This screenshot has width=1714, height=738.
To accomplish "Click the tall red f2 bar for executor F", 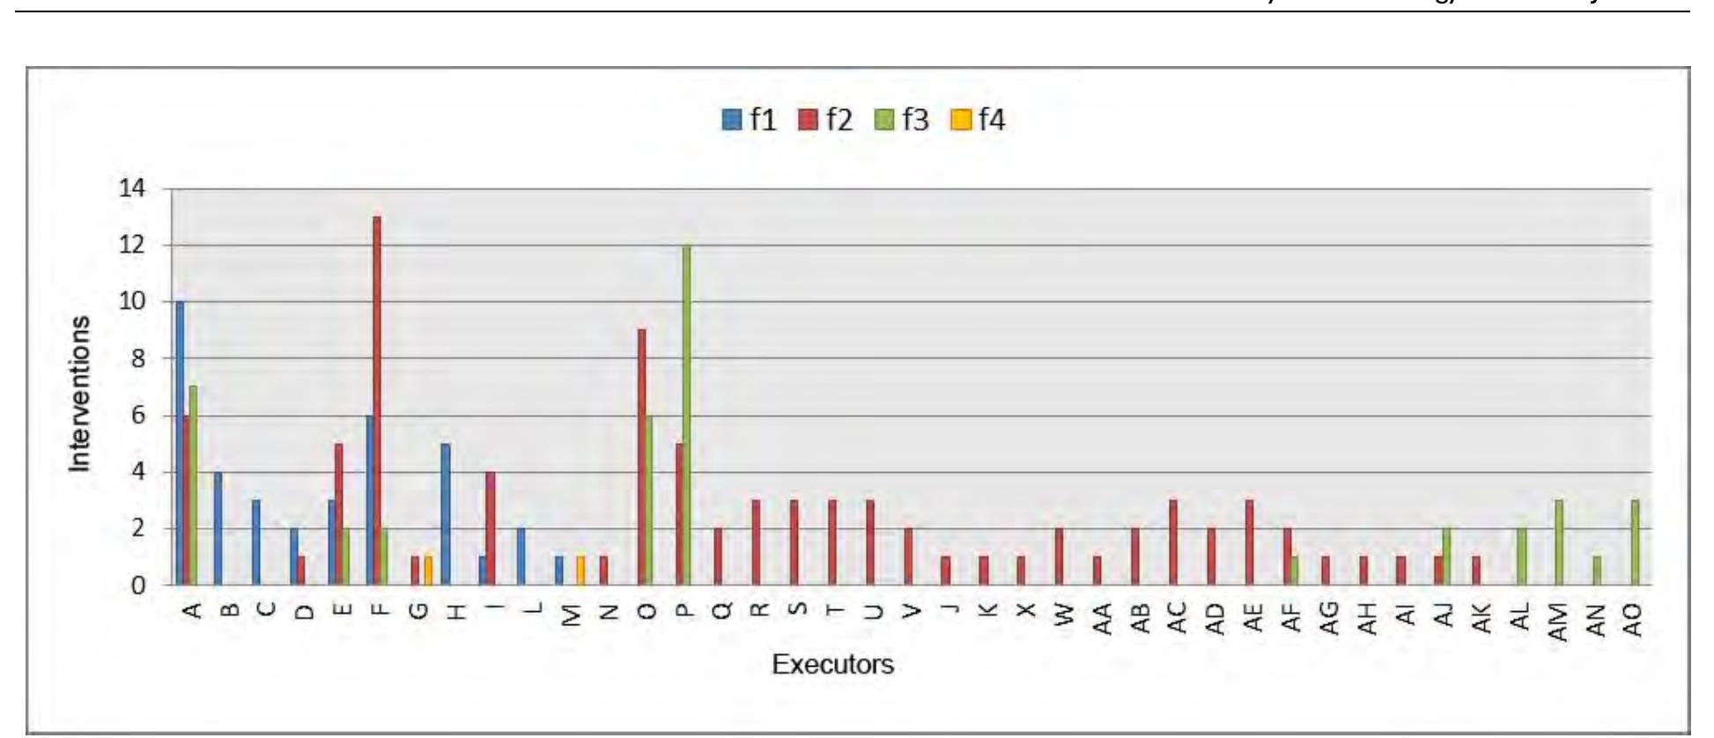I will click(x=377, y=401).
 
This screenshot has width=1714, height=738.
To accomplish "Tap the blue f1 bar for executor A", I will click(x=180, y=443).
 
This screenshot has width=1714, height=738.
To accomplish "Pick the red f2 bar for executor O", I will click(x=642, y=457).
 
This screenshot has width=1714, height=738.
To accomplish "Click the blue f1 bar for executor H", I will click(x=446, y=514).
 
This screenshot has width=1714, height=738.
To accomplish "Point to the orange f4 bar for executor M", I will click(x=580, y=571).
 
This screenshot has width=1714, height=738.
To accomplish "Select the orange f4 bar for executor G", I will click(x=428, y=571).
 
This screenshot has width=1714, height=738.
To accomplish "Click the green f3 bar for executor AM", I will click(x=1559, y=542).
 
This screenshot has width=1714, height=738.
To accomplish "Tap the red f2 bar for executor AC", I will click(x=1172, y=542).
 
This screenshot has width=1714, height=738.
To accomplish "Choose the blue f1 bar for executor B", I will click(x=218, y=528).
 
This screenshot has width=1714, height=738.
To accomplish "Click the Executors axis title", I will click(x=832, y=664).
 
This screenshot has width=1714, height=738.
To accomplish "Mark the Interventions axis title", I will click(x=80, y=394).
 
